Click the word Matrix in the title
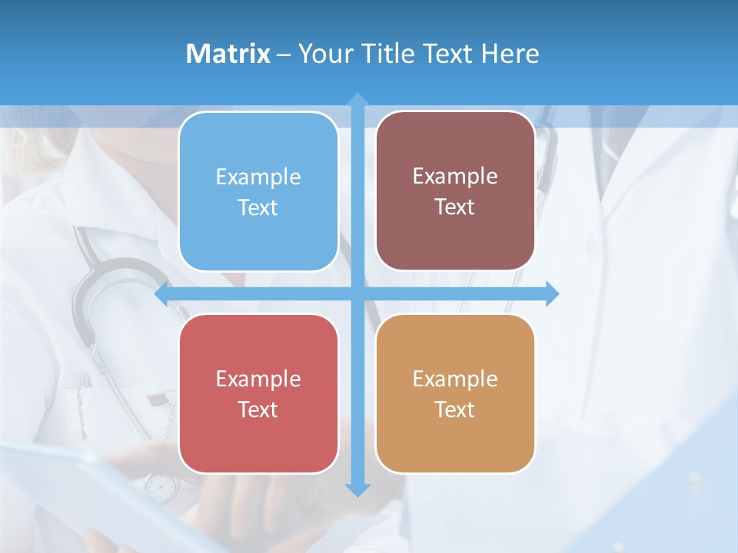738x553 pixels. click(x=228, y=54)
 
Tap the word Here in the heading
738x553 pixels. click(x=510, y=54)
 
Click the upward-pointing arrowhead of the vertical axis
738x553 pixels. click(x=357, y=100)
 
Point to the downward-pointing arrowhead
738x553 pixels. click(x=357, y=489)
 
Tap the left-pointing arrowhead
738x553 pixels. click(x=162, y=293)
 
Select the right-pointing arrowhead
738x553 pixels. click(x=552, y=293)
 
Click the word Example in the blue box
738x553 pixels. click(x=258, y=177)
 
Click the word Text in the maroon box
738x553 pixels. click(x=455, y=207)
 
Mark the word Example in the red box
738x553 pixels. click(x=258, y=379)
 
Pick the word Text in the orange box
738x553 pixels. click(x=455, y=409)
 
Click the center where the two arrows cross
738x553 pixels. click(x=357, y=293)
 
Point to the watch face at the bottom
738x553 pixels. click(x=161, y=487)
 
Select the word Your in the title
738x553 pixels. click(x=324, y=54)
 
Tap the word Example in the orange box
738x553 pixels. click(x=455, y=379)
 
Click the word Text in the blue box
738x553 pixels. click(x=258, y=207)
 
